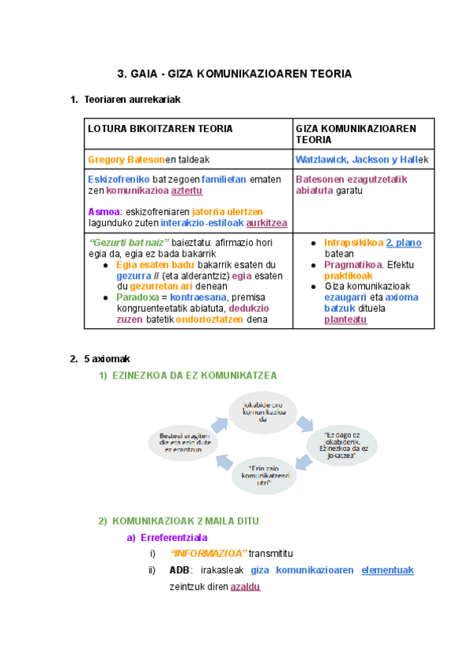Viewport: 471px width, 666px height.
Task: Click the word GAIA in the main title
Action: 144,74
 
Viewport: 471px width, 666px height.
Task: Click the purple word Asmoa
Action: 104,211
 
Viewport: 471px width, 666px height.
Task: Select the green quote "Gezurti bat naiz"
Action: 130,243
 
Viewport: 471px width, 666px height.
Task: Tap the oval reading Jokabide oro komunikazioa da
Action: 264,412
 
